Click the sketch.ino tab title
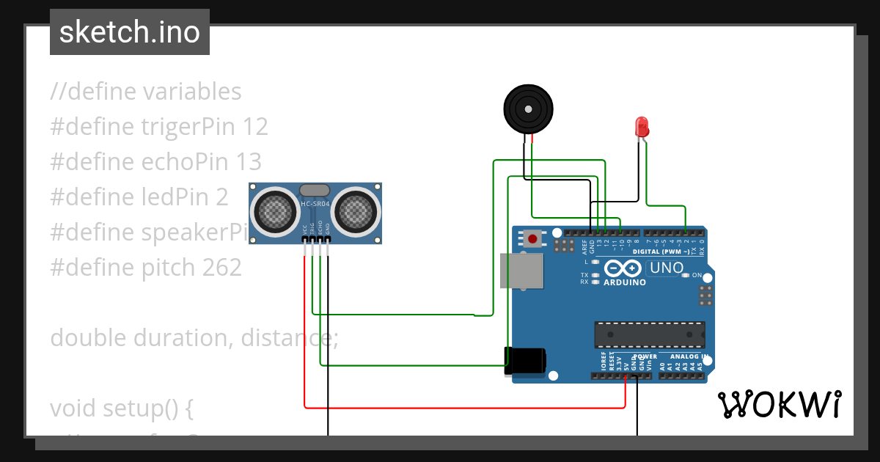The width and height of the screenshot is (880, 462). [130, 32]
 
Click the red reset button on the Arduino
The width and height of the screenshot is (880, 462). [534, 239]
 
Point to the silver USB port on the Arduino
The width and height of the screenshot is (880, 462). [521, 271]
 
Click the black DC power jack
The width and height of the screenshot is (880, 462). [525, 361]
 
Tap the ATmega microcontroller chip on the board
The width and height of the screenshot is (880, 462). [649, 335]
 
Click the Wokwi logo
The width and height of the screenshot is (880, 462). [779, 404]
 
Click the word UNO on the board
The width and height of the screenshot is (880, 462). [666, 268]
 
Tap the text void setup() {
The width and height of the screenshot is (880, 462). [122, 408]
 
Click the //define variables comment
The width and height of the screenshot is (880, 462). [146, 92]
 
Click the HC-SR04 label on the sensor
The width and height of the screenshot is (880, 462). [315, 203]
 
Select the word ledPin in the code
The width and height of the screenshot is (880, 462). [175, 197]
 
